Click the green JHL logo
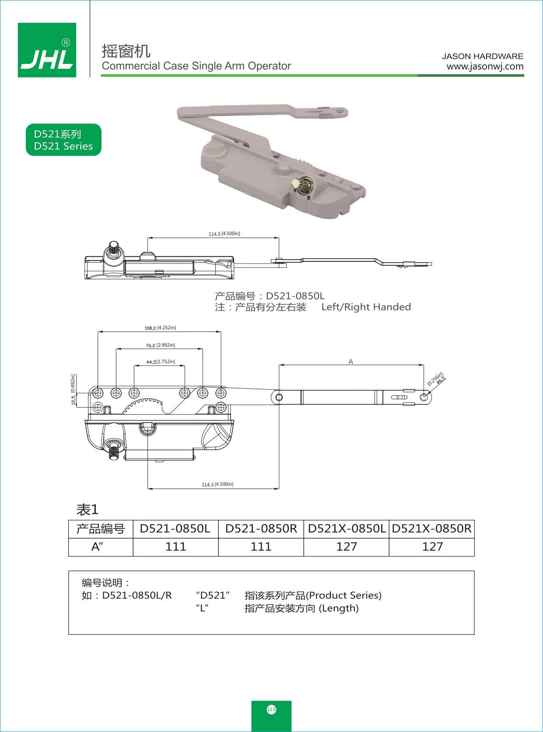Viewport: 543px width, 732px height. click(x=47, y=50)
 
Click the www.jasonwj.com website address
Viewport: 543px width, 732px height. click(x=485, y=67)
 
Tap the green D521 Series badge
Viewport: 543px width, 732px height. click(x=63, y=140)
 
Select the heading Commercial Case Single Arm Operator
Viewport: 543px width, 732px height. click(x=196, y=66)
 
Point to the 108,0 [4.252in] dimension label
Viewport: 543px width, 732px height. click(x=160, y=327)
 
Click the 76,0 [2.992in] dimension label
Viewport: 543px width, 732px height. click(x=160, y=345)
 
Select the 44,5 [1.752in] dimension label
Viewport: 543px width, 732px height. click(x=160, y=362)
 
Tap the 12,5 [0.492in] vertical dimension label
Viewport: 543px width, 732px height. click(x=73, y=389)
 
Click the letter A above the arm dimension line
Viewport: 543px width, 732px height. click(x=350, y=361)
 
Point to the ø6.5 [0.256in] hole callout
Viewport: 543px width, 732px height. click(x=436, y=379)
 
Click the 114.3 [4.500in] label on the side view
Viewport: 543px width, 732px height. click(x=224, y=234)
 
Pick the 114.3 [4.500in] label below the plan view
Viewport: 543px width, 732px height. click(x=217, y=484)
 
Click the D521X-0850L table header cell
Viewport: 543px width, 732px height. click(x=347, y=529)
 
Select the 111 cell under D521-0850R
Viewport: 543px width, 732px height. click(x=261, y=547)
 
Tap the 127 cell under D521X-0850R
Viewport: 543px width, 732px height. click(x=432, y=547)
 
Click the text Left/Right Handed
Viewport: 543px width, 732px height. click(x=366, y=307)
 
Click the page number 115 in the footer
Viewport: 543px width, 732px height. click(x=271, y=709)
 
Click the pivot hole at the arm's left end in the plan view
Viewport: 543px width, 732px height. click(x=279, y=397)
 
